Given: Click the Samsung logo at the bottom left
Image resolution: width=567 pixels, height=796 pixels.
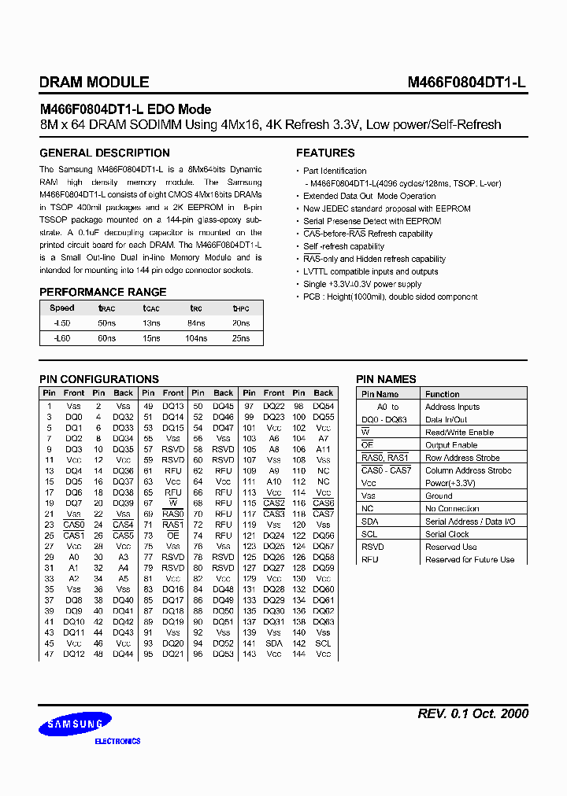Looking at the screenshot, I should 76,724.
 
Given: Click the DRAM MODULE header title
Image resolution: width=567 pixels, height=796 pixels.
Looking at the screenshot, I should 94,82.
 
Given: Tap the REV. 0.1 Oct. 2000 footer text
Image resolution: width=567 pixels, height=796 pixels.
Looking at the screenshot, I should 472,713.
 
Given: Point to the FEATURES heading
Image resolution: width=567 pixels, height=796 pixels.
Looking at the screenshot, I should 325,153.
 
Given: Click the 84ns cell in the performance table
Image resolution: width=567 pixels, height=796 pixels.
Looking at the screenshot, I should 196,323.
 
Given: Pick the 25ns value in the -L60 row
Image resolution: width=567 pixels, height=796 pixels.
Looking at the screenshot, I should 240,337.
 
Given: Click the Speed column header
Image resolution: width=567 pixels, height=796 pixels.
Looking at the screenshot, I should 61,308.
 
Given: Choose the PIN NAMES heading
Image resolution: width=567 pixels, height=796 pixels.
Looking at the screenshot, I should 386,379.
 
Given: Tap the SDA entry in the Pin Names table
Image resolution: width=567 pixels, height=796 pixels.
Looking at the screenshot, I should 369,521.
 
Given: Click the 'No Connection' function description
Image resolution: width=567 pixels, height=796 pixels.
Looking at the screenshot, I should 452,509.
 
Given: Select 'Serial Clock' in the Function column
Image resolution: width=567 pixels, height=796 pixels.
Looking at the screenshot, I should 447,534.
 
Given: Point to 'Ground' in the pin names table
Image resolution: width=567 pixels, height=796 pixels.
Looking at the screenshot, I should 439,496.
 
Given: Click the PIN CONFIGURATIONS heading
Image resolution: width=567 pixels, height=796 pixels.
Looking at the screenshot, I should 99,379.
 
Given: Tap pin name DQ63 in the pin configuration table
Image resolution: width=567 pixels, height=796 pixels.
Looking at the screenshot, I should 323,621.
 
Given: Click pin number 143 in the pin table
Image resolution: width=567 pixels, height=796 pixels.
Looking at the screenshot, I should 249,654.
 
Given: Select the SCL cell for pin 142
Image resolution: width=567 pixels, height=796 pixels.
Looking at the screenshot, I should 323,643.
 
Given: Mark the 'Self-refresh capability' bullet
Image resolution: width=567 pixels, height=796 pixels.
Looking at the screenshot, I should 343,246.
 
